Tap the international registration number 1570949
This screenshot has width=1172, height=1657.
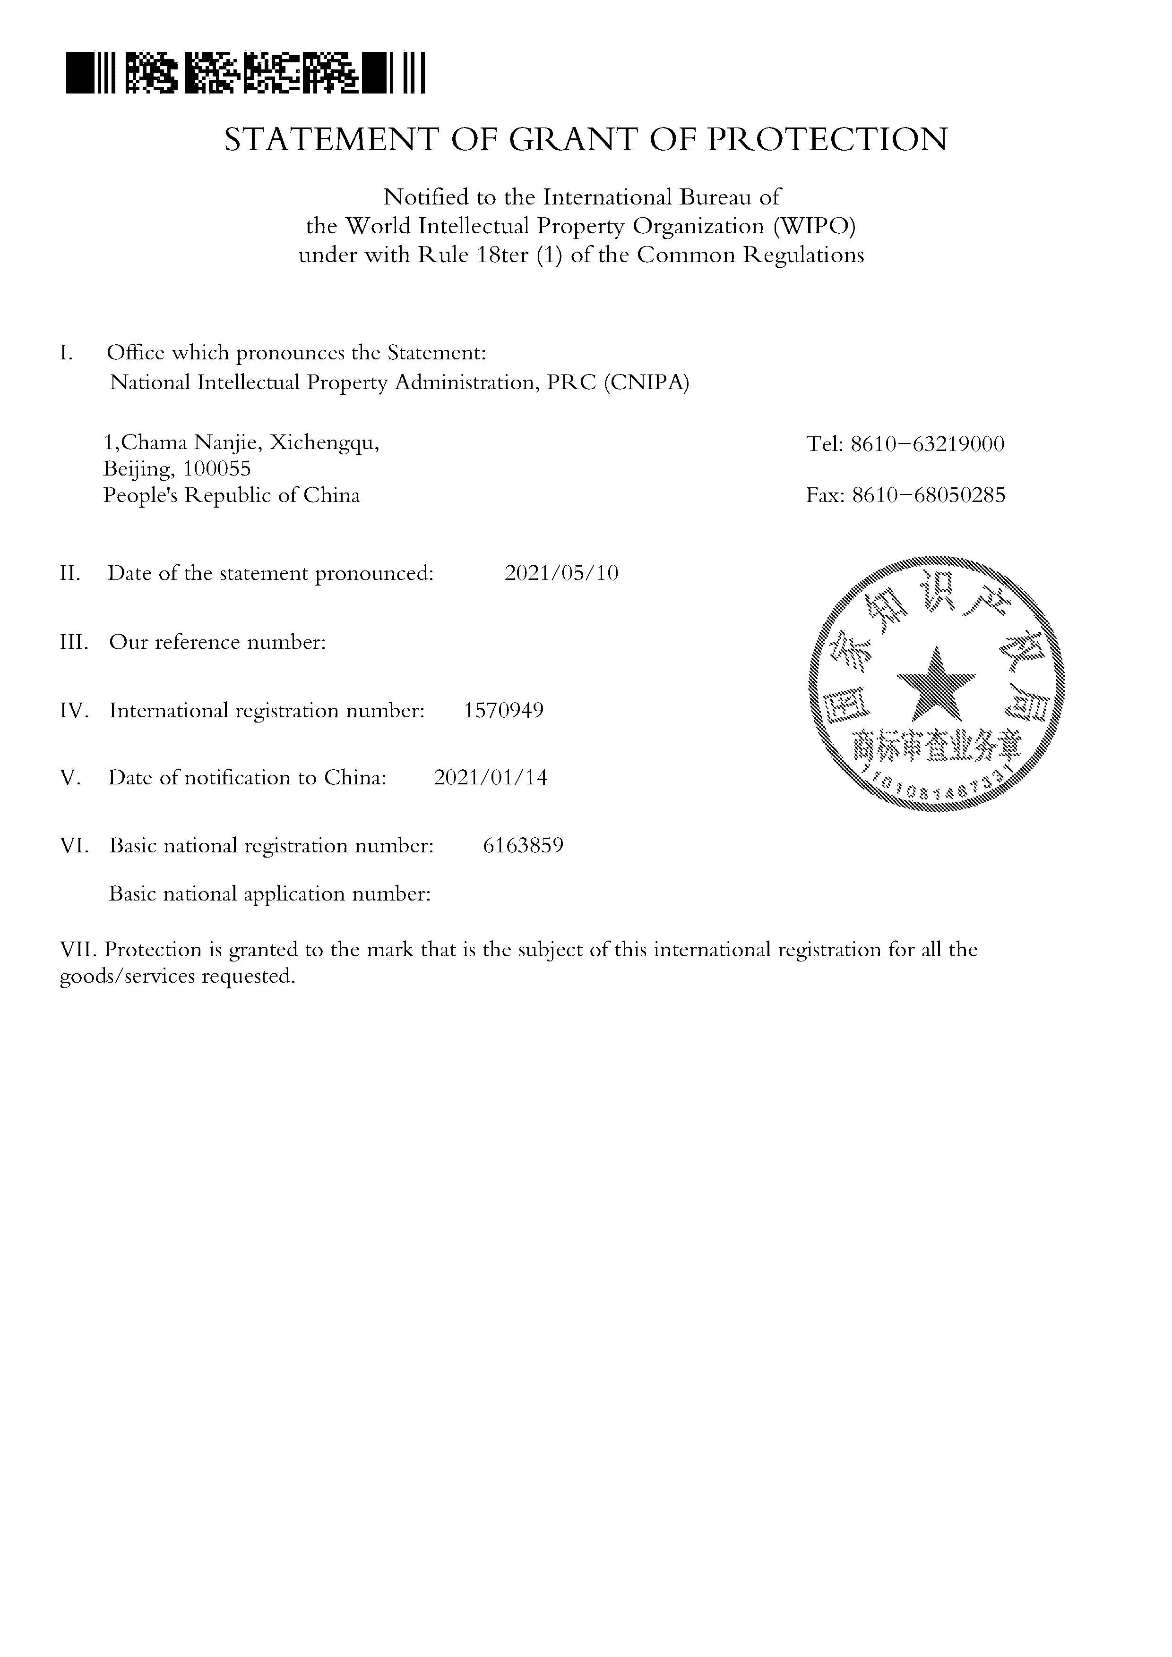tap(503, 710)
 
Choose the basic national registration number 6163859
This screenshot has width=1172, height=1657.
tap(523, 845)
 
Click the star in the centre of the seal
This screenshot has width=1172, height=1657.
tap(936, 684)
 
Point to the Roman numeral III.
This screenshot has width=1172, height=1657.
tap(74, 642)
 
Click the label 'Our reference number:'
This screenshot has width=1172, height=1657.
tap(217, 642)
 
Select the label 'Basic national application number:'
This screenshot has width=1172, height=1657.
tap(269, 894)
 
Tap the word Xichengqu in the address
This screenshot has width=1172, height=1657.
tap(324, 442)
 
